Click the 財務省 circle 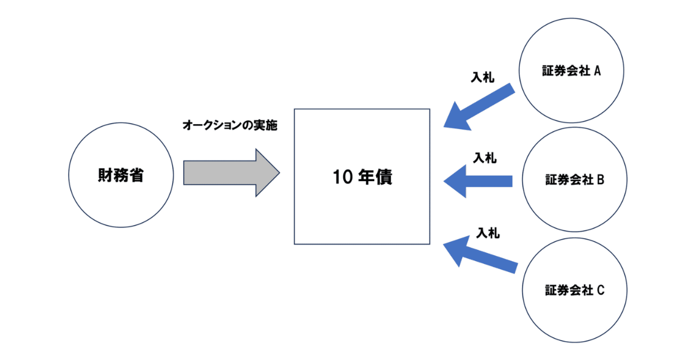coord(121,175)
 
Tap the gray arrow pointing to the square coord(226,172)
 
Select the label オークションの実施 coord(230,126)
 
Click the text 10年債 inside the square coord(362,177)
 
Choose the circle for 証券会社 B coord(574,179)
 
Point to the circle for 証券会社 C coord(574,290)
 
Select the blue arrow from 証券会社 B coord(478,181)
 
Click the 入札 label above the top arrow coord(483,77)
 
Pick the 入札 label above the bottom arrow coord(488,233)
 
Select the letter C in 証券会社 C coord(600,290)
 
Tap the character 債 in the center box coord(384,177)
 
